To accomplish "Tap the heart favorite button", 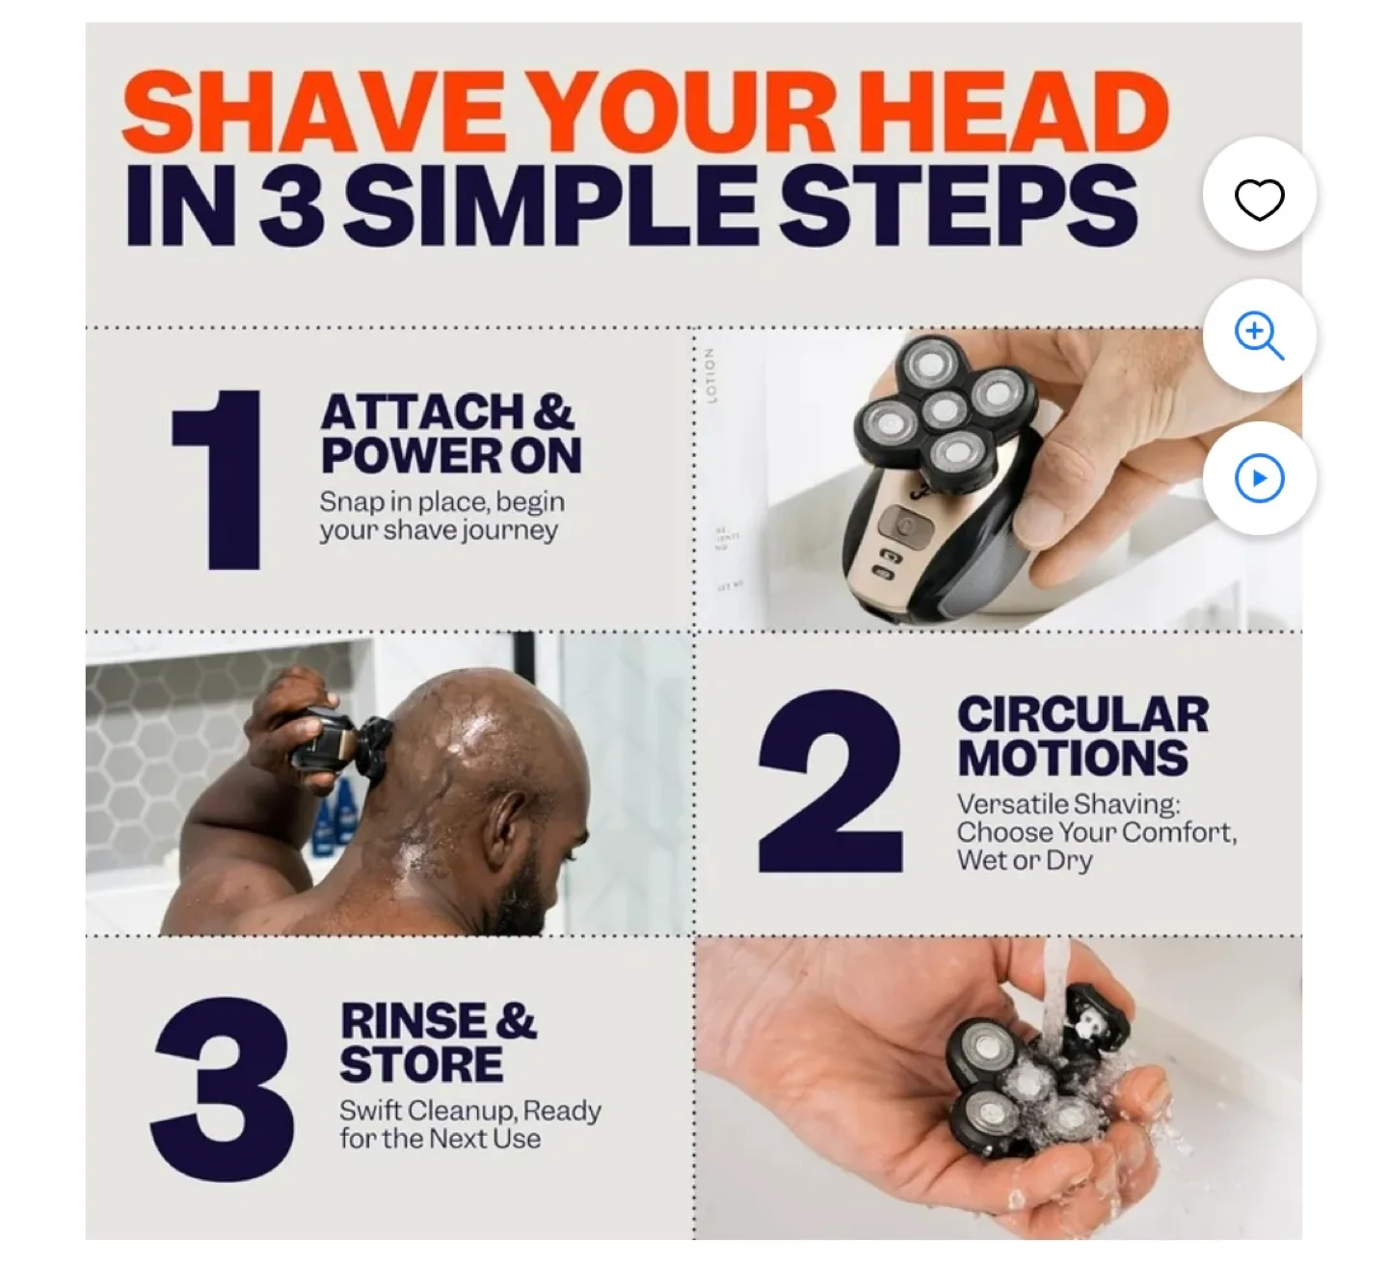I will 1259,199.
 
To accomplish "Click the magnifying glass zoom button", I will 1259,336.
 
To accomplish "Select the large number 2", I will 830,783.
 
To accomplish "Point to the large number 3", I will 223,1089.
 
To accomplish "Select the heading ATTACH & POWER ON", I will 450,434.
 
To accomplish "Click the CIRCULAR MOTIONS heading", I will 1081,737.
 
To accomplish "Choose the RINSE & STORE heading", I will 437,1042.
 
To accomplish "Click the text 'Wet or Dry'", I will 1024,860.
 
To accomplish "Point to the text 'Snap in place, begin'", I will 441,501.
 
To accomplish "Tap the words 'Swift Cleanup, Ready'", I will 469,1111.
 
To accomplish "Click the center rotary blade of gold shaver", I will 944,410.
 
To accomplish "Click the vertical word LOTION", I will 711,376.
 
